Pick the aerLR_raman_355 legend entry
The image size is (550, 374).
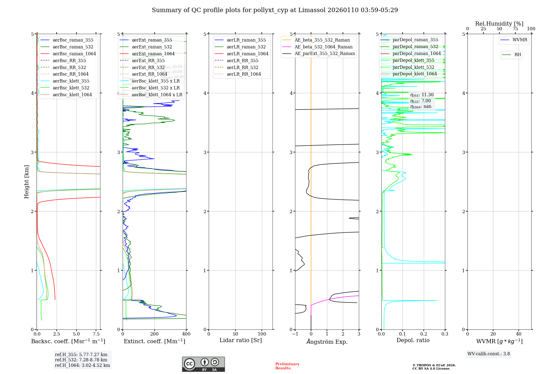click(x=246, y=40)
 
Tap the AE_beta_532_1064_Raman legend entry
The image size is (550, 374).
click(x=323, y=47)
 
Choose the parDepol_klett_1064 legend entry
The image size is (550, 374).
click(x=414, y=74)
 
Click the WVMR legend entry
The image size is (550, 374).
click(x=520, y=40)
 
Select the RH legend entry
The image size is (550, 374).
click(x=518, y=55)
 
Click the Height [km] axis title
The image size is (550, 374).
click(x=26, y=182)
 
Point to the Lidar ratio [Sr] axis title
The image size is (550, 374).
click(x=241, y=340)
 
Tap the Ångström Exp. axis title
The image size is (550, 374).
click(x=327, y=342)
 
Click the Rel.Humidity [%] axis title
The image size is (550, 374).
click(x=499, y=24)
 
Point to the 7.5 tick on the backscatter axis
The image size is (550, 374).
click(x=96, y=334)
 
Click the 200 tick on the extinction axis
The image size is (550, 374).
click(x=155, y=334)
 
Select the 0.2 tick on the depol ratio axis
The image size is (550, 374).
click(x=424, y=334)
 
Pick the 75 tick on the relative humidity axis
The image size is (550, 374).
click(x=515, y=29)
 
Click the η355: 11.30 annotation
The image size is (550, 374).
click(x=422, y=95)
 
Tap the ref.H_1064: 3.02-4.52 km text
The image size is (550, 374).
click(x=82, y=365)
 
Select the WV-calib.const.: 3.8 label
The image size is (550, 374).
click(x=489, y=354)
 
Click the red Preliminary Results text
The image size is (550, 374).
click(x=287, y=366)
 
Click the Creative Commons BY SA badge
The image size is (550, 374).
click(x=203, y=364)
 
